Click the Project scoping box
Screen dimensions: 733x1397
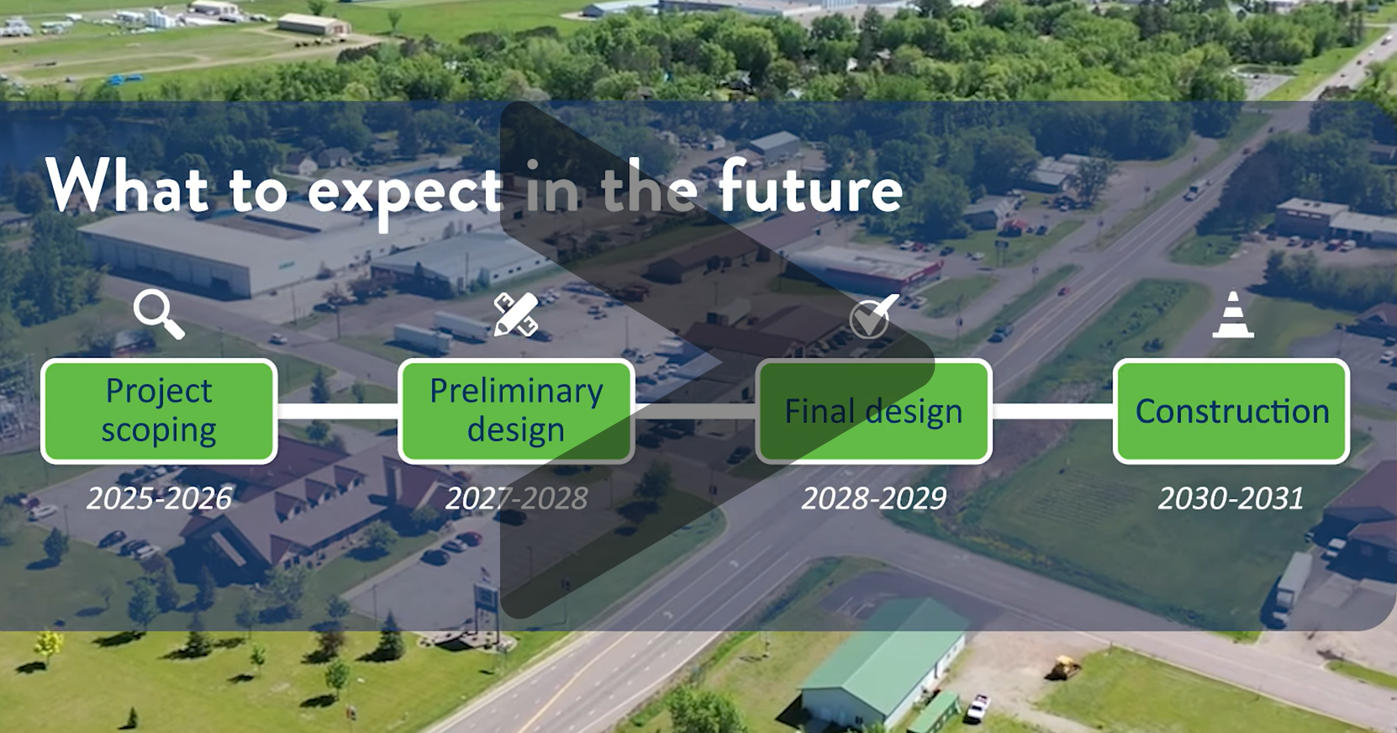point(159,411)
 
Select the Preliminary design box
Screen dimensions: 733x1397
point(516,411)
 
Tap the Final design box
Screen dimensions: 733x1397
point(873,411)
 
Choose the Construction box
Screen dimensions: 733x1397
point(1231,411)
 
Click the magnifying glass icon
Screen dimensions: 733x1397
point(158,314)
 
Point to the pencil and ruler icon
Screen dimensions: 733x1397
point(515,314)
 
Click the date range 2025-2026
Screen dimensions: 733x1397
point(159,498)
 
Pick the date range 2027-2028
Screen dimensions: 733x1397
point(516,498)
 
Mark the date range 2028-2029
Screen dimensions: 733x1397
point(873,498)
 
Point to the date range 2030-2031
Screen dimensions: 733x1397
point(1231,498)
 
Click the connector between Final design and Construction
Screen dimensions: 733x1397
point(1052,411)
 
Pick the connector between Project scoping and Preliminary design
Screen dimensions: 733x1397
point(337,411)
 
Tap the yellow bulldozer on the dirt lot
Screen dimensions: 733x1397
point(1063,668)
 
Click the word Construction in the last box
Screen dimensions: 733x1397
point(1232,411)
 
